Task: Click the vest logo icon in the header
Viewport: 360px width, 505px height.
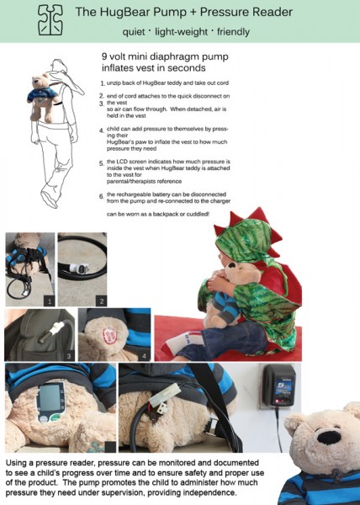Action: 50,19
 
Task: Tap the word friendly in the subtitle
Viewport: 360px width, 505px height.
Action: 233,32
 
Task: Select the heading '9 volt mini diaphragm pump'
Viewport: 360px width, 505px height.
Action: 165,56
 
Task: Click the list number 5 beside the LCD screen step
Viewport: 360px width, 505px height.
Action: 101,163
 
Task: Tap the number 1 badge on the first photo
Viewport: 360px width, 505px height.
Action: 50,301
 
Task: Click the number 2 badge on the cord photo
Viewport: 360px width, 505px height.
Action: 101,301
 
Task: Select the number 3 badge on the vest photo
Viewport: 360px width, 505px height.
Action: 69,356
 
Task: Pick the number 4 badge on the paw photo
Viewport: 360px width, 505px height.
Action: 144,356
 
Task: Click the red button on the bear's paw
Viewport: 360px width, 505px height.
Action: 109,336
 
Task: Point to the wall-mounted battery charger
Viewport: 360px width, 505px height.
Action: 279,385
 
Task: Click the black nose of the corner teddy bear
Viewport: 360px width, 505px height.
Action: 329,438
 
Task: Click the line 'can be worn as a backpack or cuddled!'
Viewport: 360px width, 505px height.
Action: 158,214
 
